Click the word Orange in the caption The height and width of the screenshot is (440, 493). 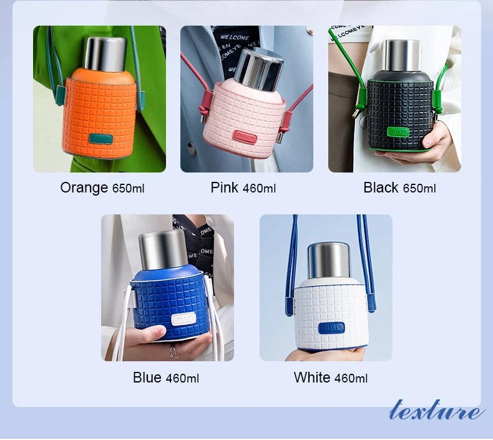[x=84, y=187]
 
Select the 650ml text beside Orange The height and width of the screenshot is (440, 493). [x=128, y=188]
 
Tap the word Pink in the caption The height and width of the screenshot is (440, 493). [x=225, y=187]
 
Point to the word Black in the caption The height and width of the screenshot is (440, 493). [x=381, y=187]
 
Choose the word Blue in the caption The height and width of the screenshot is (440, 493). [x=147, y=377]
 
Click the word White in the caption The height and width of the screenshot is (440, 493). [x=311, y=377]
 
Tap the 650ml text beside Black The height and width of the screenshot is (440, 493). [x=419, y=188]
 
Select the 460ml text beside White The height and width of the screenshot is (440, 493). [x=351, y=378]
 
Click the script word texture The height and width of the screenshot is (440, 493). [x=436, y=411]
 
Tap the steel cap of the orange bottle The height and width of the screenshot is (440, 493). [x=105, y=52]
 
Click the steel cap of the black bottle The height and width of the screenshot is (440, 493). [x=401, y=54]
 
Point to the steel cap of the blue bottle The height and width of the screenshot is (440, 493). [x=162, y=249]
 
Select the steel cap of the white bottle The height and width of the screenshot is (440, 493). [x=329, y=260]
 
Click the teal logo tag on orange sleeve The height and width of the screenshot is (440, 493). [x=100, y=139]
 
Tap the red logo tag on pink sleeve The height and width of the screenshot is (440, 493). [x=245, y=137]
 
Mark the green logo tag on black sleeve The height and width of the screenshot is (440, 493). [x=398, y=132]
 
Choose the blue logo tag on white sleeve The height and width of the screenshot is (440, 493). [x=331, y=327]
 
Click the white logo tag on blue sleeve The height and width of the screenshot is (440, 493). [x=183, y=318]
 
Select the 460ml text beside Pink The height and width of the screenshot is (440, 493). [x=259, y=188]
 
